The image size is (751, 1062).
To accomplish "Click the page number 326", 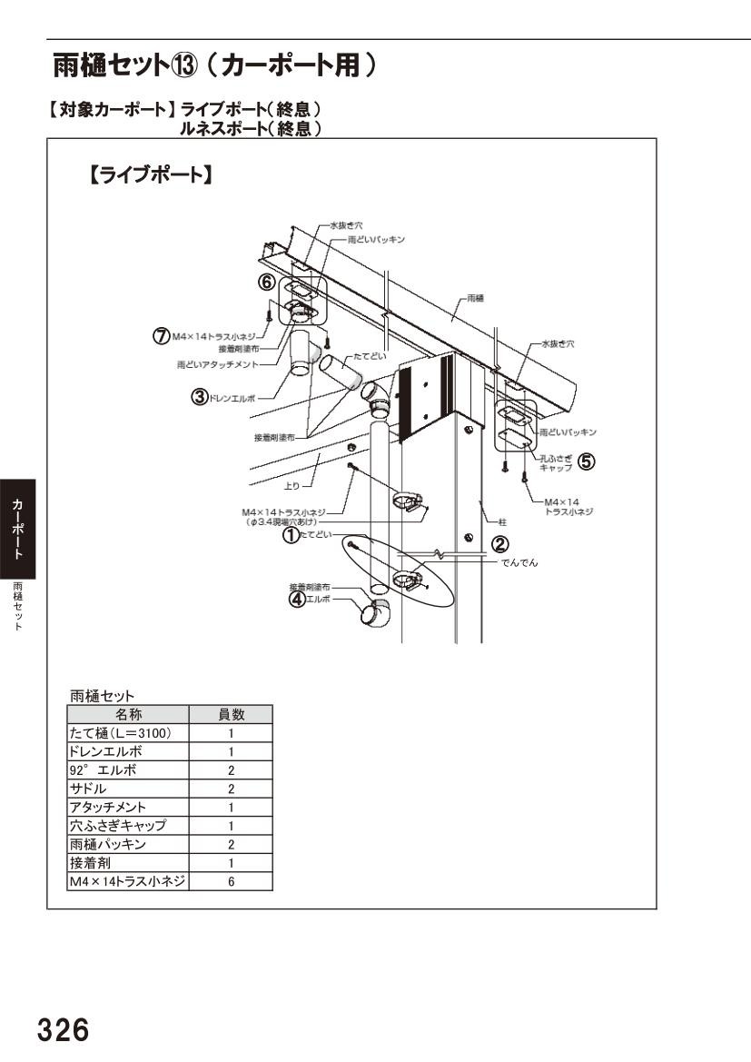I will point(63,1030).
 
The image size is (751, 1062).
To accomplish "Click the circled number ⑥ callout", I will point(266,283).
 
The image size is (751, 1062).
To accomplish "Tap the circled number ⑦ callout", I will point(161,336).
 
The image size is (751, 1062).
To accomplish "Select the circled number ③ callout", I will point(198,396).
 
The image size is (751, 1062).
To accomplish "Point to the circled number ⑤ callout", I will point(587,462).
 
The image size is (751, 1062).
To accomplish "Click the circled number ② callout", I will point(499,543).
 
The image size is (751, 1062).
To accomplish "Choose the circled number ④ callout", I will point(296,599).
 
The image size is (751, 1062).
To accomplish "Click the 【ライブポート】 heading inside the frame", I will point(150,175).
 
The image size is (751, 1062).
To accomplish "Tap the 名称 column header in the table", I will point(128,714).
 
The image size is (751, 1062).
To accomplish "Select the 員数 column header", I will point(231,714).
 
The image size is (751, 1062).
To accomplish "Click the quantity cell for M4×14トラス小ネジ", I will point(231,881).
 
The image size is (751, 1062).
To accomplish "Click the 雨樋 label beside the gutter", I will point(474,298).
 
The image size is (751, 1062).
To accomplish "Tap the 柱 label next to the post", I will point(502,521).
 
